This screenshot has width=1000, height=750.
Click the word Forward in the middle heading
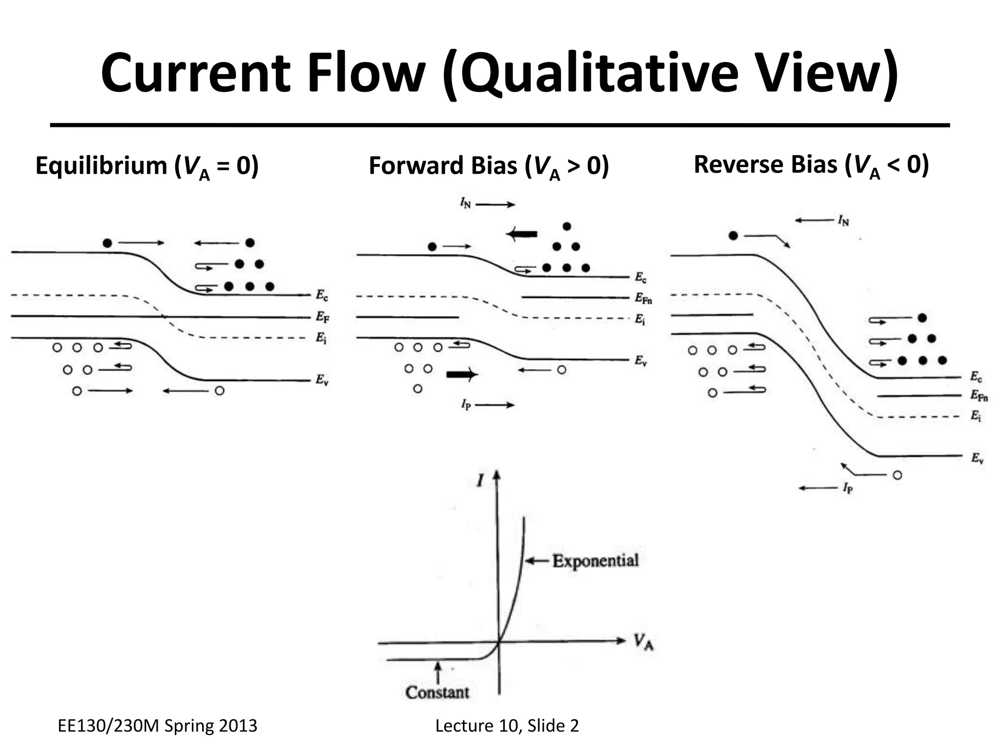click(x=415, y=166)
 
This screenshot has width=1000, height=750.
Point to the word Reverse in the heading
click(x=737, y=165)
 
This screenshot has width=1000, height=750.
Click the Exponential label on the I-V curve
click(x=595, y=561)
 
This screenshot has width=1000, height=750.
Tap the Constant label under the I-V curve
click(x=437, y=692)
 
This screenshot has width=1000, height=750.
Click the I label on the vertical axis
click(x=480, y=481)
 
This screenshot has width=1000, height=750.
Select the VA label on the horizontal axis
click(x=644, y=642)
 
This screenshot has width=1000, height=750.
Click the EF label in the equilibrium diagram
click(x=322, y=317)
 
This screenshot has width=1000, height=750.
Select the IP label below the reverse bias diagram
click(x=847, y=488)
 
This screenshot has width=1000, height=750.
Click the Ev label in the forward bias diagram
click(x=641, y=361)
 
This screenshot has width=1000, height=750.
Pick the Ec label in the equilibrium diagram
click(x=322, y=295)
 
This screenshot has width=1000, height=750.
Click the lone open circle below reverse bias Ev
click(x=897, y=475)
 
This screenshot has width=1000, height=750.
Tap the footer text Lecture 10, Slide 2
click(x=507, y=726)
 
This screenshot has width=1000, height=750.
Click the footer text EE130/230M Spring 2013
click(x=157, y=726)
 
